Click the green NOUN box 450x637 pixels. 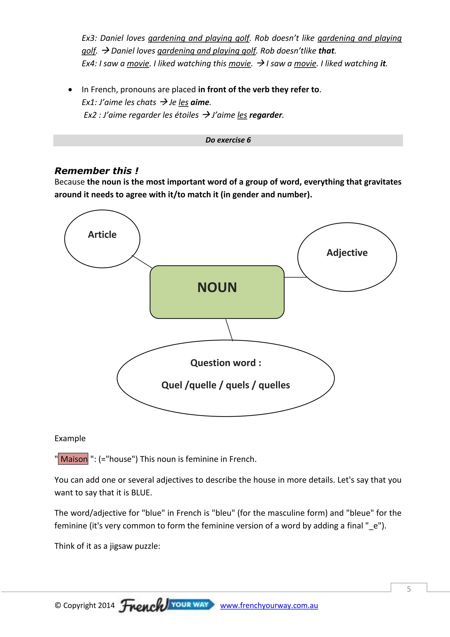(217, 292)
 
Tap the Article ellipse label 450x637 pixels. (102, 235)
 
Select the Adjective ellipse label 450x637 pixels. (347, 253)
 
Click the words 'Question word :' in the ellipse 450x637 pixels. (226, 363)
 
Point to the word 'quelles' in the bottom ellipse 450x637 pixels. (274, 385)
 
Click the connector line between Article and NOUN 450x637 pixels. (142, 262)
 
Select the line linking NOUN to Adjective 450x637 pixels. (295, 277)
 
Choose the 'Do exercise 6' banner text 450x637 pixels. (228, 140)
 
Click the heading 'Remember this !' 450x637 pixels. (96, 171)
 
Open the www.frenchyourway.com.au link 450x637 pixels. (269, 605)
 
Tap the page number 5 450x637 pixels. (409, 589)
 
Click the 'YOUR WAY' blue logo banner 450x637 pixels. (190, 604)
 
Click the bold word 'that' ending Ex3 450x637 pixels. (327, 51)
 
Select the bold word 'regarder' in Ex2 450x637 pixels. (265, 115)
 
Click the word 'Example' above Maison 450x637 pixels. (70, 438)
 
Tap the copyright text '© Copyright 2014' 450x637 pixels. (85, 605)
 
